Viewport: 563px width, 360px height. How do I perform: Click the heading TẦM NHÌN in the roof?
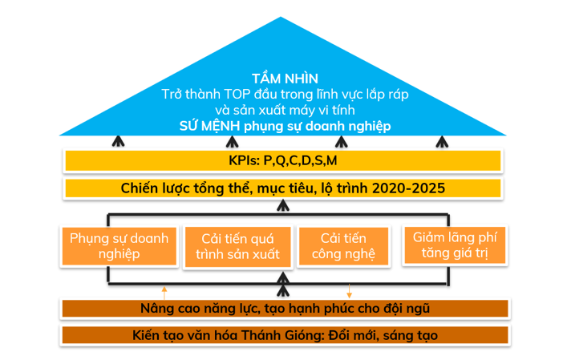coord(285,78)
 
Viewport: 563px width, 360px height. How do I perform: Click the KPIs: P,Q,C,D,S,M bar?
coord(283,160)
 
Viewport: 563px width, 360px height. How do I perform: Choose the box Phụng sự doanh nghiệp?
coord(118,246)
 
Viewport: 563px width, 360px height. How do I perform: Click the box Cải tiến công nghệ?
coord(343,246)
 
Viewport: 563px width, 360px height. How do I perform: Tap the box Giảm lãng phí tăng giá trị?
coord(455,246)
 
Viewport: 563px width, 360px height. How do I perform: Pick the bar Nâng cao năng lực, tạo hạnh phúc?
coord(284,308)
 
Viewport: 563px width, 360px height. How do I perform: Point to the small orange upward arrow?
coord(164,288)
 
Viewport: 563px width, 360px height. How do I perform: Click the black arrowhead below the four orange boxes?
coord(282,280)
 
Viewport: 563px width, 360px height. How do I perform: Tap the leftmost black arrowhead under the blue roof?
coord(119,142)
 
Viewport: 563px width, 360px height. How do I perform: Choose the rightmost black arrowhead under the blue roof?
coord(440,142)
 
